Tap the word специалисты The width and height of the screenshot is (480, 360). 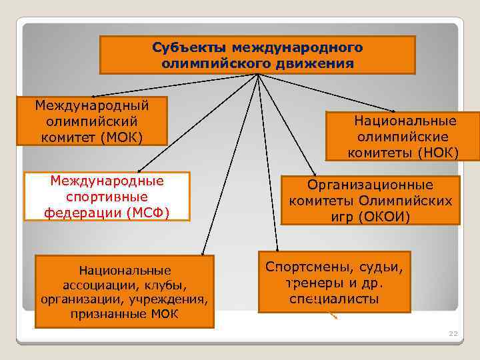pos(334,299)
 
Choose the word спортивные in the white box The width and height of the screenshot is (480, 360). pos(107,197)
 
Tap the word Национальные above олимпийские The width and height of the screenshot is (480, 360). pos(405,121)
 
